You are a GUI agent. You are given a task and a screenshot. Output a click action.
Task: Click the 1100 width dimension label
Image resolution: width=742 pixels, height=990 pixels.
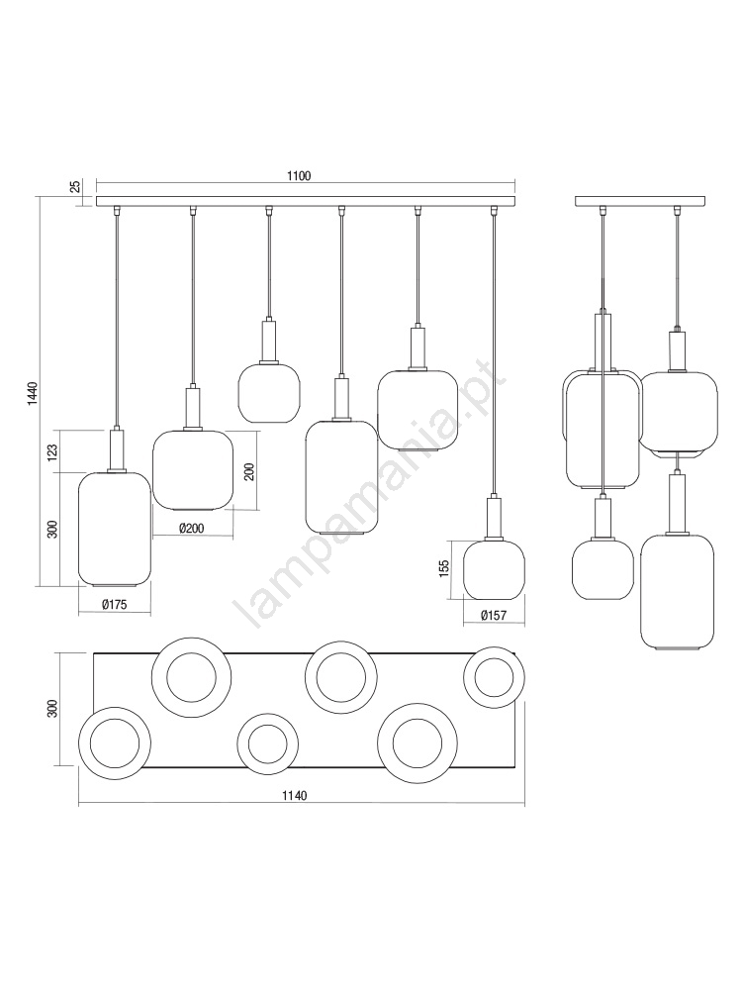click(x=299, y=176)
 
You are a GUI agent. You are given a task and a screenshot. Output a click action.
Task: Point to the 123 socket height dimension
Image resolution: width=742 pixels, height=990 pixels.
click(x=52, y=450)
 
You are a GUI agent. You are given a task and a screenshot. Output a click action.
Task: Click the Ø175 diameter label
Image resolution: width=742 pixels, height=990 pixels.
click(x=114, y=604)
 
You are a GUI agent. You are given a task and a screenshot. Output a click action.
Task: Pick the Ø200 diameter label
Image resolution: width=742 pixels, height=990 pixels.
click(x=191, y=528)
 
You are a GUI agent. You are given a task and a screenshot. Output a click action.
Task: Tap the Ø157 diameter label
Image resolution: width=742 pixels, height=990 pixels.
click(x=494, y=615)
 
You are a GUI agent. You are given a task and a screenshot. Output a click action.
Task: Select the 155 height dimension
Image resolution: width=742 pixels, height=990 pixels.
click(x=444, y=567)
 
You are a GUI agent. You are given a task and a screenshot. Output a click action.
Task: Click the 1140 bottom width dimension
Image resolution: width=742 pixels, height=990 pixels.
click(x=295, y=796)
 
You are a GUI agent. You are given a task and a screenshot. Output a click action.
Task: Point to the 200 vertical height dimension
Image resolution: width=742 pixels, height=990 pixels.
click(x=249, y=471)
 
